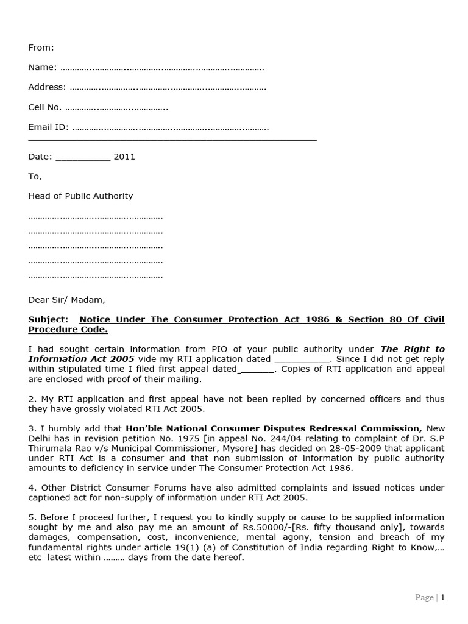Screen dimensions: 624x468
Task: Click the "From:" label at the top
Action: tap(41, 48)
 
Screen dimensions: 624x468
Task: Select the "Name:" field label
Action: tap(43, 68)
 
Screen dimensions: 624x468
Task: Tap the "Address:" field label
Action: tap(47, 87)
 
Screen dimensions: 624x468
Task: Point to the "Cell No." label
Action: tap(44, 107)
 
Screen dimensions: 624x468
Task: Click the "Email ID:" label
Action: tap(48, 127)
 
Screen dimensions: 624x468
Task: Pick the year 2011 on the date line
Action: tap(124, 157)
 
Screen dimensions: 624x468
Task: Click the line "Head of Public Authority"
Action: tap(80, 196)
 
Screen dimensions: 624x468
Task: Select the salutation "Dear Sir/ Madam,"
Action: tap(66, 300)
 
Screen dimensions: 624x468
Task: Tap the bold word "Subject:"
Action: tap(48, 320)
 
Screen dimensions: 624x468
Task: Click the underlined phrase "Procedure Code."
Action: tap(68, 330)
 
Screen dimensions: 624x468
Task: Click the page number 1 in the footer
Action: tap(442, 598)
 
